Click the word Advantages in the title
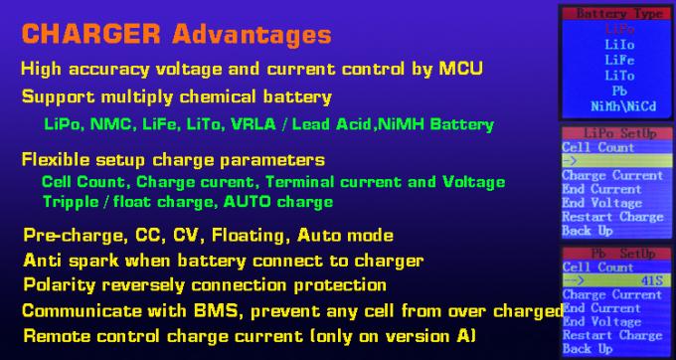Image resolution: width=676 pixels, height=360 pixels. [251, 34]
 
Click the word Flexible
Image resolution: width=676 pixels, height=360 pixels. [56, 160]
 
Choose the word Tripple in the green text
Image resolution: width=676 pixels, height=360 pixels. [72, 201]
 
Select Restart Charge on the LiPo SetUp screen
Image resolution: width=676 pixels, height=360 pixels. [612, 217]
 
